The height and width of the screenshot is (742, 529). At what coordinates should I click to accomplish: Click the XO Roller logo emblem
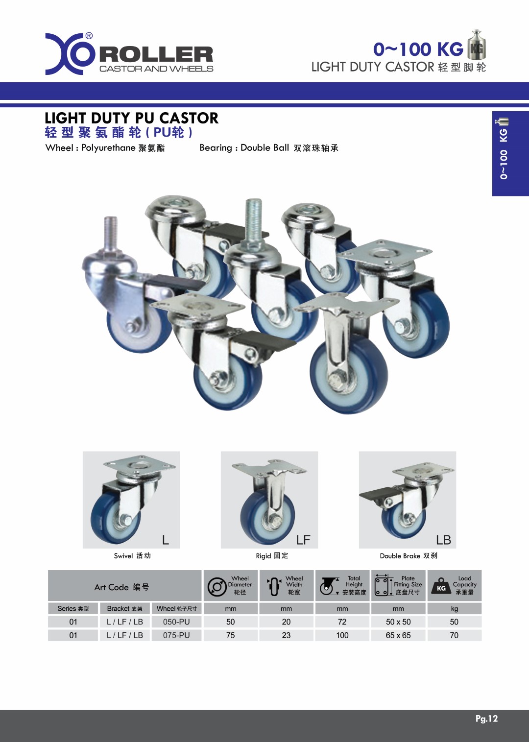pyautogui.click(x=69, y=53)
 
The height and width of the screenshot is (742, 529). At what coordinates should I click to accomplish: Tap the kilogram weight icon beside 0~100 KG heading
pyautogui.click(x=476, y=46)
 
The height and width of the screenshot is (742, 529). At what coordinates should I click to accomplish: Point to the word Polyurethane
pyautogui.click(x=108, y=148)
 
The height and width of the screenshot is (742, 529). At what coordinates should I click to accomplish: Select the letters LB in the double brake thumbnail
pyautogui.click(x=443, y=540)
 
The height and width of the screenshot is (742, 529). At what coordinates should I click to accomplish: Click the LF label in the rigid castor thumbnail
pyautogui.click(x=303, y=540)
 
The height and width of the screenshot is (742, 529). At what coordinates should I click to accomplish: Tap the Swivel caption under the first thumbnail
pyautogui.click(x=123, y=556)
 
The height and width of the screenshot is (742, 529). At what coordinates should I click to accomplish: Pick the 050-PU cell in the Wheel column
pyautogui.click(x=176, y=622)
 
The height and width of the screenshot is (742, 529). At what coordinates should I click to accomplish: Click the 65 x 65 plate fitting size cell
pyautogui.click(x=398, y=635)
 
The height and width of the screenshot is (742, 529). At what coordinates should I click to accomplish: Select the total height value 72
pyautogui.click(x=342, y=622)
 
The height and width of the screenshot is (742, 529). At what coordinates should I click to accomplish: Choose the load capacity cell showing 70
pyautogui.click(x=454, y=635)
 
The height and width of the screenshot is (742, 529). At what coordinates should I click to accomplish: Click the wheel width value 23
pyautogui.click(x=286, y=635)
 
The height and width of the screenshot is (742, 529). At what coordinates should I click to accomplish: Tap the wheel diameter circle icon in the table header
pyautogui.click(x=216, y=587)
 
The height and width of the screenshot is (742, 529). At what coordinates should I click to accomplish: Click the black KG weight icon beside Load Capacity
pyautogui.click(x=441, y=586)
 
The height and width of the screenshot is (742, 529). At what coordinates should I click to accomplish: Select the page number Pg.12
pyautogui.click(x=486, y=718)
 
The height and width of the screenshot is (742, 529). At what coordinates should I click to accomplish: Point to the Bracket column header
pyautogui.click(x=124, y=608)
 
